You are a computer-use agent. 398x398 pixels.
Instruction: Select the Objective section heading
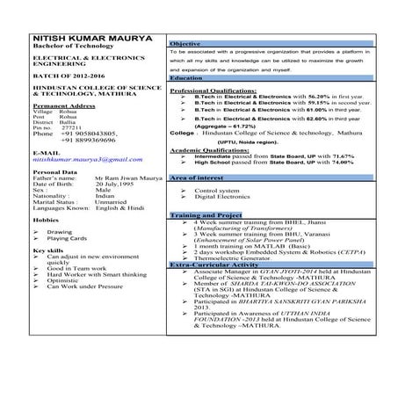186,43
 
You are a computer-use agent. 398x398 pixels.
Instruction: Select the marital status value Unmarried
114,202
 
